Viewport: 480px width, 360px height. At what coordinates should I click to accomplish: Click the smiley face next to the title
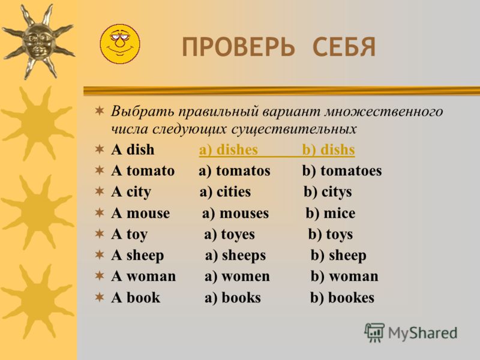[119, 44]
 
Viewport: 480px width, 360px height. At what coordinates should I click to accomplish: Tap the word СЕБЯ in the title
[344, 47]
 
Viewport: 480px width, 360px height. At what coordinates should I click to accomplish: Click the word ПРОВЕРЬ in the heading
[238, 47]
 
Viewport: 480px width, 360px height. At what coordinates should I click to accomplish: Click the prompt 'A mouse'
[140, 213]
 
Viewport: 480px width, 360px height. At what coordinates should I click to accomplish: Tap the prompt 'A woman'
[143, 277]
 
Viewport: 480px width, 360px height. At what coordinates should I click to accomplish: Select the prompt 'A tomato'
[143, 171]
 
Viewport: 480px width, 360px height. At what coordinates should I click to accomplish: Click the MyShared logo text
[422, 333]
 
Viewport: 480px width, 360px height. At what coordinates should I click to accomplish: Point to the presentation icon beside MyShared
[374, 332]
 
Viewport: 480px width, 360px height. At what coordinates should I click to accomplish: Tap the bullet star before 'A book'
[100, 297]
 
